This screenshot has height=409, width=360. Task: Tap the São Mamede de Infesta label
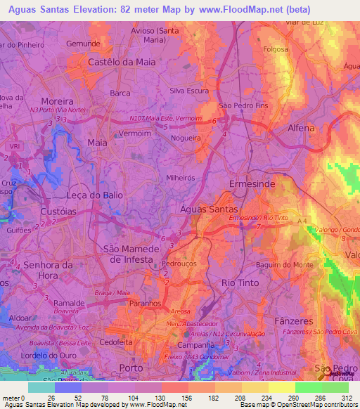128,254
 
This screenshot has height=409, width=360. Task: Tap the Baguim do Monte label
283,264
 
